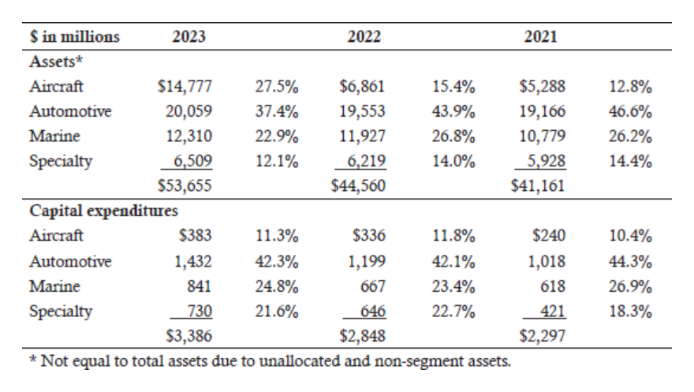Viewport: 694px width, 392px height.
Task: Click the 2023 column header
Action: point(189,36)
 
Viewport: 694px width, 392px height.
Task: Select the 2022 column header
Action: point(364,36)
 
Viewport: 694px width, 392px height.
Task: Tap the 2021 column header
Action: point(540,36)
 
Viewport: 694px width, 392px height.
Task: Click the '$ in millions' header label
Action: point(74,36)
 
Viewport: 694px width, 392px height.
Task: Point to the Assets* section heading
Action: point(56,61)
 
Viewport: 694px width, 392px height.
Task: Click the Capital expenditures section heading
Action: point(103,211)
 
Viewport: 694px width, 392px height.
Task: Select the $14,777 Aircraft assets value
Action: point(185,86)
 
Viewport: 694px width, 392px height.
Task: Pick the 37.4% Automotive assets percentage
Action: point(277,111)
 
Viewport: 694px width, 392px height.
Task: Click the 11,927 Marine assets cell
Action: point(363,136)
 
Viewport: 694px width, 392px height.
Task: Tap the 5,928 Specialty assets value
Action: point(547,161)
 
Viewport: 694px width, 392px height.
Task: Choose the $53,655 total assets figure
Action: point(185,185)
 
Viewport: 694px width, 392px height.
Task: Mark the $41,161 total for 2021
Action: point(538,185)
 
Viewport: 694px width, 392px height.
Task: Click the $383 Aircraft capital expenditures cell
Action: point(196,235)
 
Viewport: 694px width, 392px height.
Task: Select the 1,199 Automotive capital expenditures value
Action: point(367,262)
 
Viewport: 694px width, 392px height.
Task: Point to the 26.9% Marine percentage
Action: point(630,286)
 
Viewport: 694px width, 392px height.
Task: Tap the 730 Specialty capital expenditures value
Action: point(200,311)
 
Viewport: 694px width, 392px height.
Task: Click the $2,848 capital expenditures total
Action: point(363,336)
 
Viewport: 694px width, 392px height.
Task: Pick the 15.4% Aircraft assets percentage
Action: point(453,86)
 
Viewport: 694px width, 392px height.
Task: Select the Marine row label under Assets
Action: point(54,136)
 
